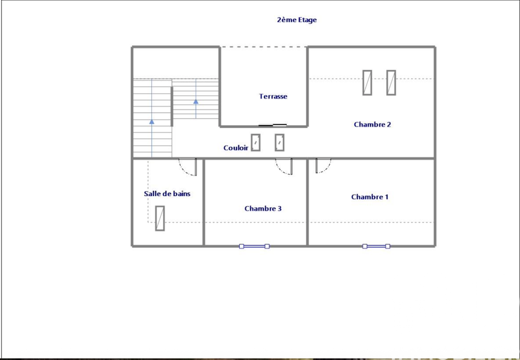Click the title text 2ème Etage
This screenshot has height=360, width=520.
coord(296,20)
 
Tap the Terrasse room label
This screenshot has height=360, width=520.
coord(273,96)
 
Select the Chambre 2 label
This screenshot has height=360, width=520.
coord(372,124)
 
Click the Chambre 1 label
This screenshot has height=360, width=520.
coord(370,197)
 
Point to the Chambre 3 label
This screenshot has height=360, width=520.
coord(263,209)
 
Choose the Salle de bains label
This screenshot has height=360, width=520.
coord(167,194)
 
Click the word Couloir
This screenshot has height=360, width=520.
coord(236,148)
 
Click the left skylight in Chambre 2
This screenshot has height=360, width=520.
coord(367,82)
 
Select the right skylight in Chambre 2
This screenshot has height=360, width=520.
coord(391,82)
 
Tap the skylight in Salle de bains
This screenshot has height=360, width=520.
coord(160,218)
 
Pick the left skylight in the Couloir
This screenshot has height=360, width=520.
coord(256,143)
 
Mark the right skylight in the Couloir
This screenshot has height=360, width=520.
coord(280,143)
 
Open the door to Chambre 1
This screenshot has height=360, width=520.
coord(323,166)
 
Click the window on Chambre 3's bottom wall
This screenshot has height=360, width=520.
coord(254,246)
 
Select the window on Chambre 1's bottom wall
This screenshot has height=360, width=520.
coord(376,246)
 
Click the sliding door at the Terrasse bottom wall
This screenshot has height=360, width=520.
coord(273,125)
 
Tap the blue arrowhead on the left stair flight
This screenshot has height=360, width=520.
coord(152,121)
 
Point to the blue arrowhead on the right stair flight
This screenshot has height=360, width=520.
coord(196,101)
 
